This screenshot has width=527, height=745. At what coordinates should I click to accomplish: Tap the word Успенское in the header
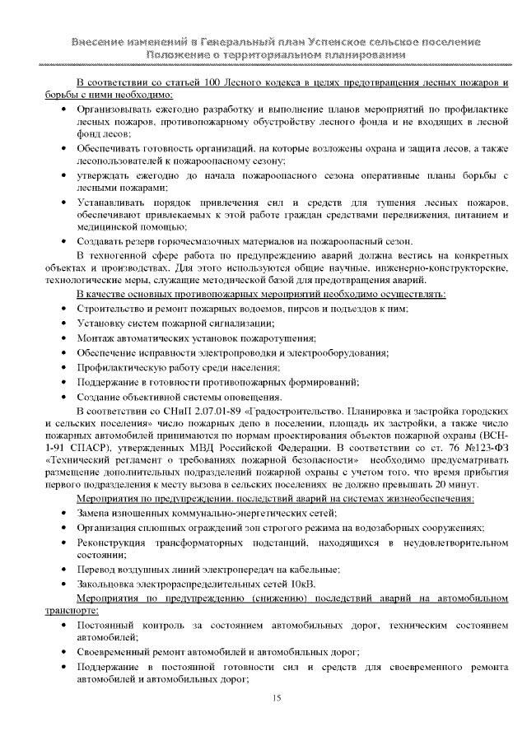click(x=330, y=41)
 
